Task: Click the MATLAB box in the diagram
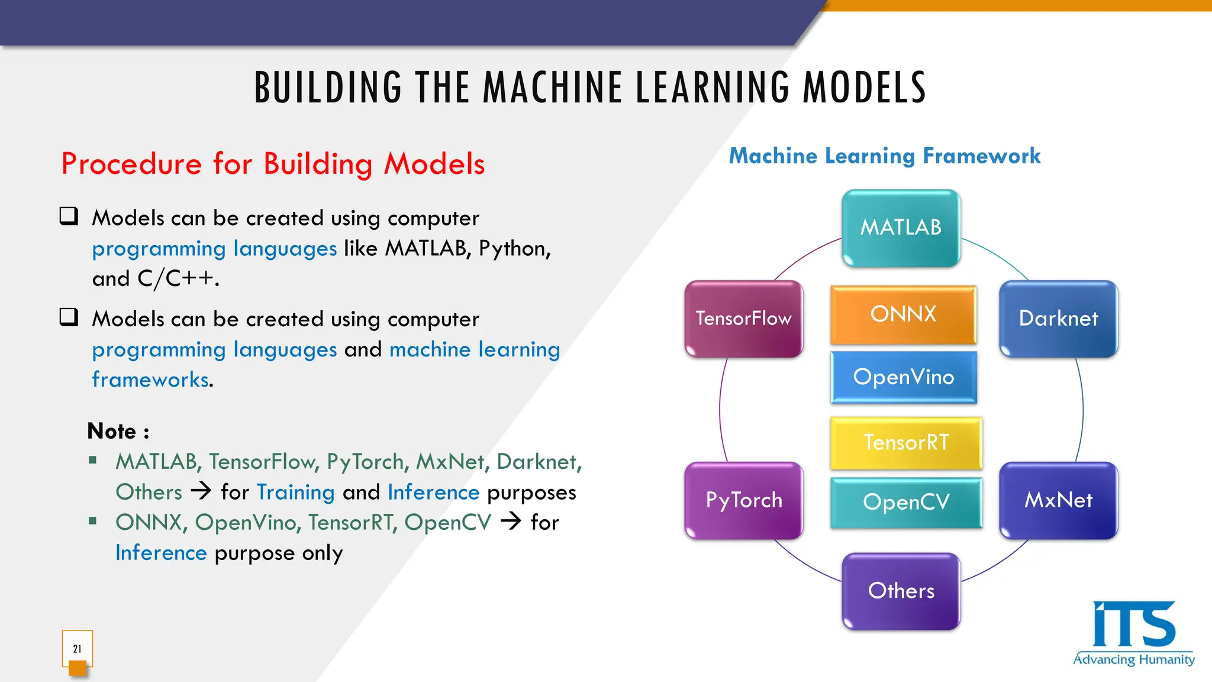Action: coord(901,228)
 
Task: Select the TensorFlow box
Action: coord(744,319)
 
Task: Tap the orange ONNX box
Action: coord(903,314)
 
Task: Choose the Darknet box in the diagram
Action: coord(1058,319)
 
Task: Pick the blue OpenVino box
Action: coord(903,377)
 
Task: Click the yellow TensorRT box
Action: coord(905,443)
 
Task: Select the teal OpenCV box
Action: coord(905,503)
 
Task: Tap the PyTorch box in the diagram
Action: coord(744,501)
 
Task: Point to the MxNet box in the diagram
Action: coord(1058,501)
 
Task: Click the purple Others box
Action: coord(901,591)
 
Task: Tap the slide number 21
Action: coord(78,649)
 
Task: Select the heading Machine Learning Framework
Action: coord(884,156)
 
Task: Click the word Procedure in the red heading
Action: coord(131,165)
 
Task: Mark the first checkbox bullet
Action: coord(69,216)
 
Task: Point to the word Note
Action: coord(112,431)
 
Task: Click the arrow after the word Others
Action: coord(201,491)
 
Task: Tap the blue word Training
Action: coord(295,493)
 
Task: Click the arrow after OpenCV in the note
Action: coord(511,521)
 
